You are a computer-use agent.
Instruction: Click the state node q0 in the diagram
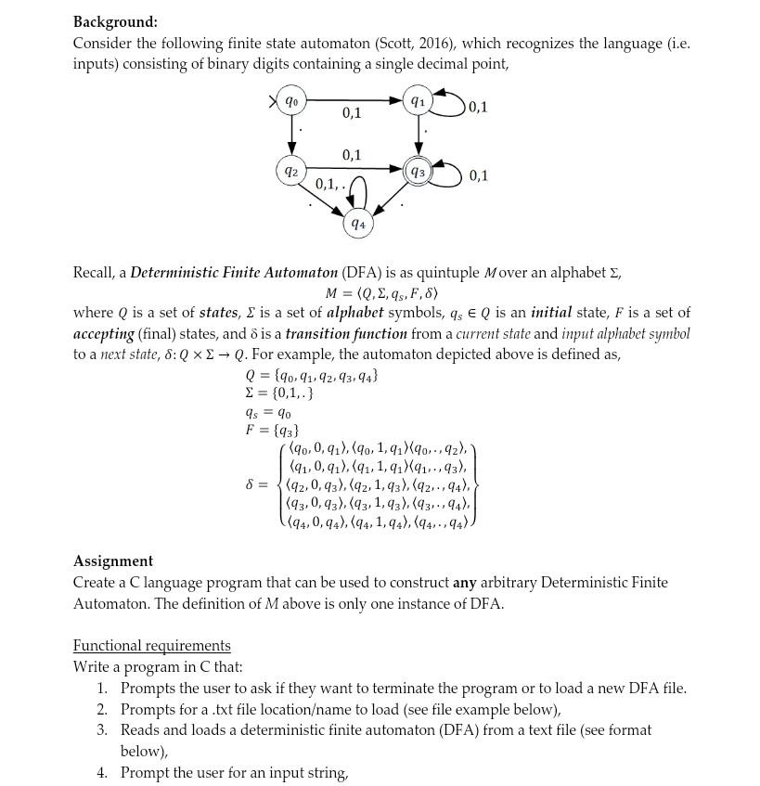tap(291, 100)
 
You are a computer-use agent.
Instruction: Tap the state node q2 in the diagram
tap(291, 171)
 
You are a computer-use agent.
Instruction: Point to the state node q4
tap(357, 224)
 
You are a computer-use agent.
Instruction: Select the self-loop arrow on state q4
tap(358, 196)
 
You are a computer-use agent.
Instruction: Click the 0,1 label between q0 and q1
tap(352, 113)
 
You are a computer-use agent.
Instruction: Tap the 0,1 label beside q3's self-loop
tap(479, 175)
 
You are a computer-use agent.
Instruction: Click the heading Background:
tap(115, 21)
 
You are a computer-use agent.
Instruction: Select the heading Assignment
tap(113, 561)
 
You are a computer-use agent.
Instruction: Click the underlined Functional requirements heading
tap(151, 645)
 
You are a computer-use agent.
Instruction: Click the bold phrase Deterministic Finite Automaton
tap(234, 272)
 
